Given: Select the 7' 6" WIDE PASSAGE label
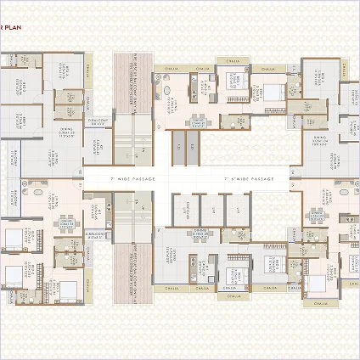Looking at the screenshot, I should pyautogui.click(x=250, y=180).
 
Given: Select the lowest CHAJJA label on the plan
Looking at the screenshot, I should pyautogui.click(x=320, y=302).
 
